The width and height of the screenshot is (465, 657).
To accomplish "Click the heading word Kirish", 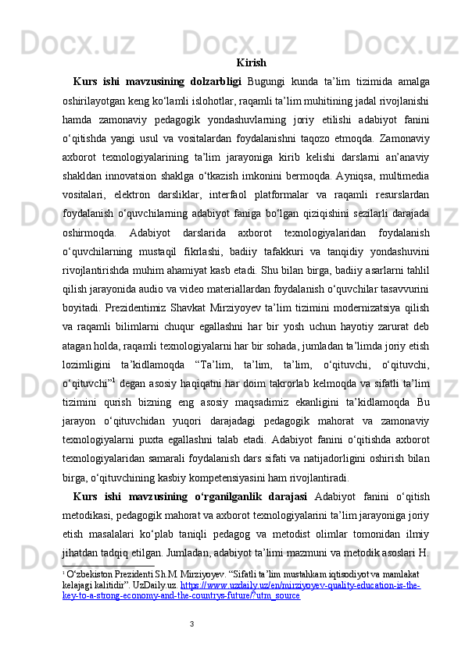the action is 250,62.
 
